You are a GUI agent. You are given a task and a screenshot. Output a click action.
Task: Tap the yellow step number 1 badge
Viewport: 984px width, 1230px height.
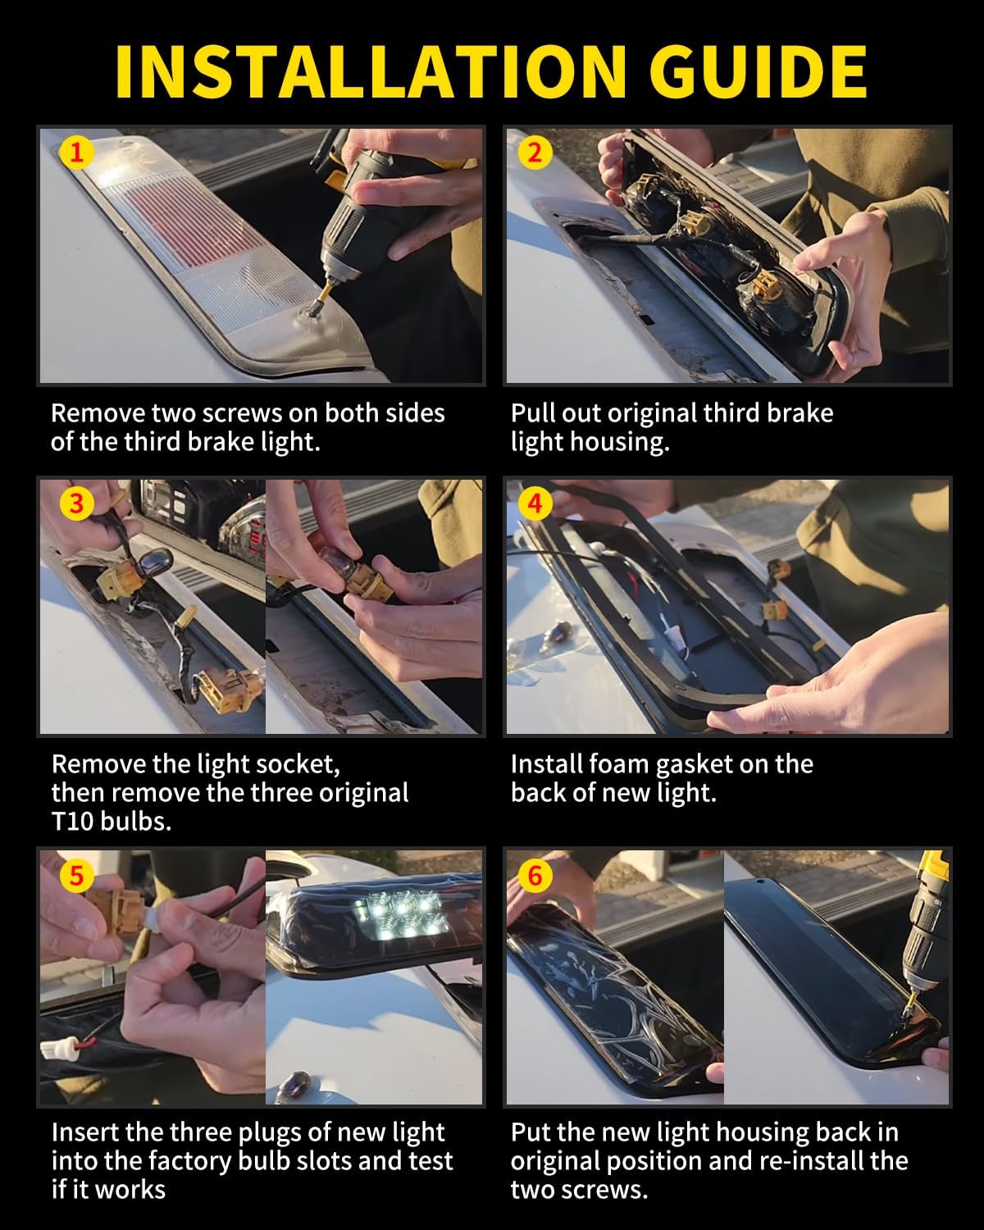(76, 153)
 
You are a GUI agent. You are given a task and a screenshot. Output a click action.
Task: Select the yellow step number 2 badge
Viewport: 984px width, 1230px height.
(535, 153)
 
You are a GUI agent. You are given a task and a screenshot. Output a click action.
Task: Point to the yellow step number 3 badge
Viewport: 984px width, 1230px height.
(76, 503)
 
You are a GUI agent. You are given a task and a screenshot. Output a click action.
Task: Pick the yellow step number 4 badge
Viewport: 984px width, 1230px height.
(535, 503)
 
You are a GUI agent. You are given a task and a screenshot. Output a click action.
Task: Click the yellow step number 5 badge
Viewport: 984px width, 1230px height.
(76, 876)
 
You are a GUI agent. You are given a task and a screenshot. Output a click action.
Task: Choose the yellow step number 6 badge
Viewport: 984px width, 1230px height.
(535, 876)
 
